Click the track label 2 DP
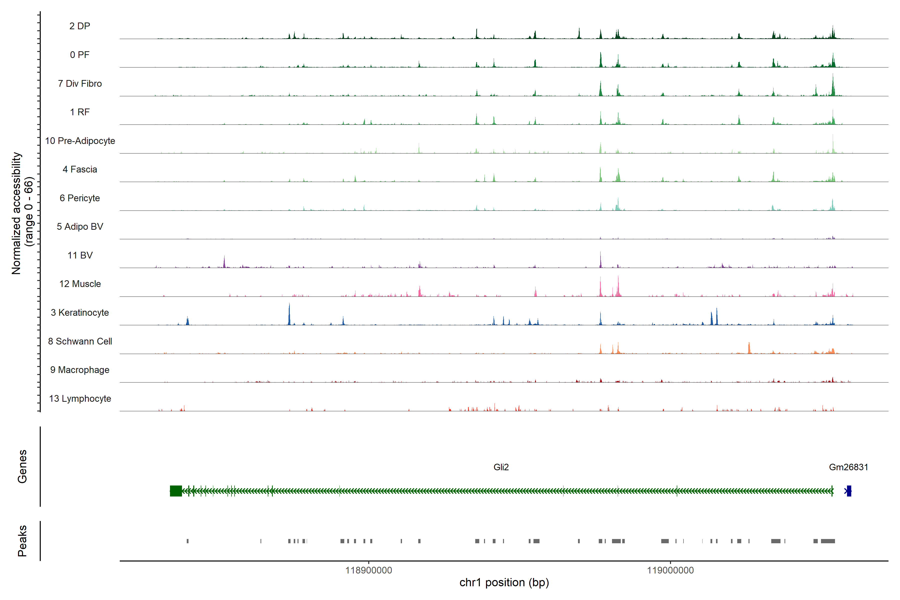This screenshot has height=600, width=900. (x=79, y=26)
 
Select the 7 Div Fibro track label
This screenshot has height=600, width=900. (x=79, y=83)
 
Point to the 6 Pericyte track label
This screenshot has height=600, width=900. (x=79, y=198)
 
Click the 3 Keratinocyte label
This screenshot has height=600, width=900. (x=79, y=313)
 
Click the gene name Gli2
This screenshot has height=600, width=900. (x=501, y=467)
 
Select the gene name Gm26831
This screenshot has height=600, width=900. (x=848, y=467)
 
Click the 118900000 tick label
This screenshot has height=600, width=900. (x=368, y=570)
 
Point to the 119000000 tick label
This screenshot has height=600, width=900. (x=670, y=570)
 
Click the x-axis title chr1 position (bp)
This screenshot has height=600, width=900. (x=504, y=582)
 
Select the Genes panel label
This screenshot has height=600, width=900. (x=22, y=466)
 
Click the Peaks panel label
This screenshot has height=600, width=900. (x=22, y=541)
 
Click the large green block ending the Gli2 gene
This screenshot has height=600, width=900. (x=176, y=491)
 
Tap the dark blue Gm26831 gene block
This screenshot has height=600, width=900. (x=849, y=491)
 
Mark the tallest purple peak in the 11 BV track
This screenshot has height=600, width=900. (x=600, y=260)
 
